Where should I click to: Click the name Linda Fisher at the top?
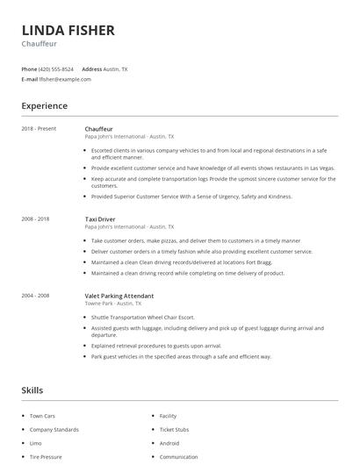[x=68, y=30]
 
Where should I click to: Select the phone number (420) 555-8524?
[x=56, y=68]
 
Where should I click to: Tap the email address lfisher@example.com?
[x=65, y=79]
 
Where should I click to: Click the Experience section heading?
[x=44, y=106]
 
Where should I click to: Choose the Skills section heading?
[x=32, y=390]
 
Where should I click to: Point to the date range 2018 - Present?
[x=39, y=128]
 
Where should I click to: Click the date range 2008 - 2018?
[x=36, y=218]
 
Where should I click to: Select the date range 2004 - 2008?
[x=36, y=296]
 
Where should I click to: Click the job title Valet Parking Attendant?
[x=119, y=296]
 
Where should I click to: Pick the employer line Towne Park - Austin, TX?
[x=119, y=304]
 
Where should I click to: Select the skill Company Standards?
[x=54, y=430]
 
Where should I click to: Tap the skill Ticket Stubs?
[x=174, y=430]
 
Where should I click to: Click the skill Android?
[x=169, y=443]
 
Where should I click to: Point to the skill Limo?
[x=36, y=443]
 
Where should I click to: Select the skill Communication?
[x=178, y=457]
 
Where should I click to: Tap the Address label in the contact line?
[x=92, y=68]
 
